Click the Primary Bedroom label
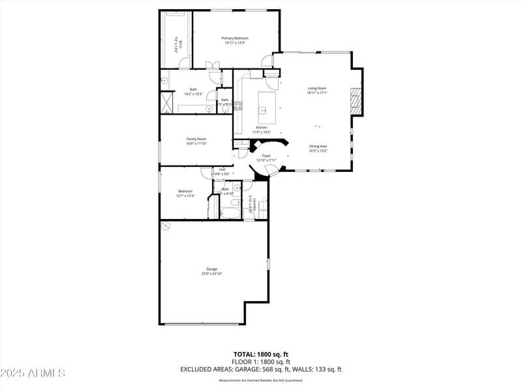pyautogui.click(x=235, y=38)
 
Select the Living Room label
pyautogui.click(x=317, y=88)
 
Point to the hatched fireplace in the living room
pyautogui.click(x=356, y=102)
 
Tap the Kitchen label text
pyautogui.click(x=262, y=127)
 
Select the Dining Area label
pyautogui.click(x=318, y=146)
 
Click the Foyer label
pyautogui.click(x=266, y=156)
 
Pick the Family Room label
pyautogui.click(x=196, y=139)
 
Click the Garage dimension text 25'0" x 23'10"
pyautogui.click(x=212, y=274)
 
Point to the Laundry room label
pyautogui.click(x=251, y=205)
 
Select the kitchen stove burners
pyautogui.click(x=238, y=104)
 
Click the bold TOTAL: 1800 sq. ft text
pyautogui.click(x=261, y=354)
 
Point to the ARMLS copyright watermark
pyautogui.click(x=33, y=373)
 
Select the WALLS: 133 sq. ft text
pyautogui.click(x=316, y=369)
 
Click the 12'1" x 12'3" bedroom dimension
pyautogui.click(x=185, y=195)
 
